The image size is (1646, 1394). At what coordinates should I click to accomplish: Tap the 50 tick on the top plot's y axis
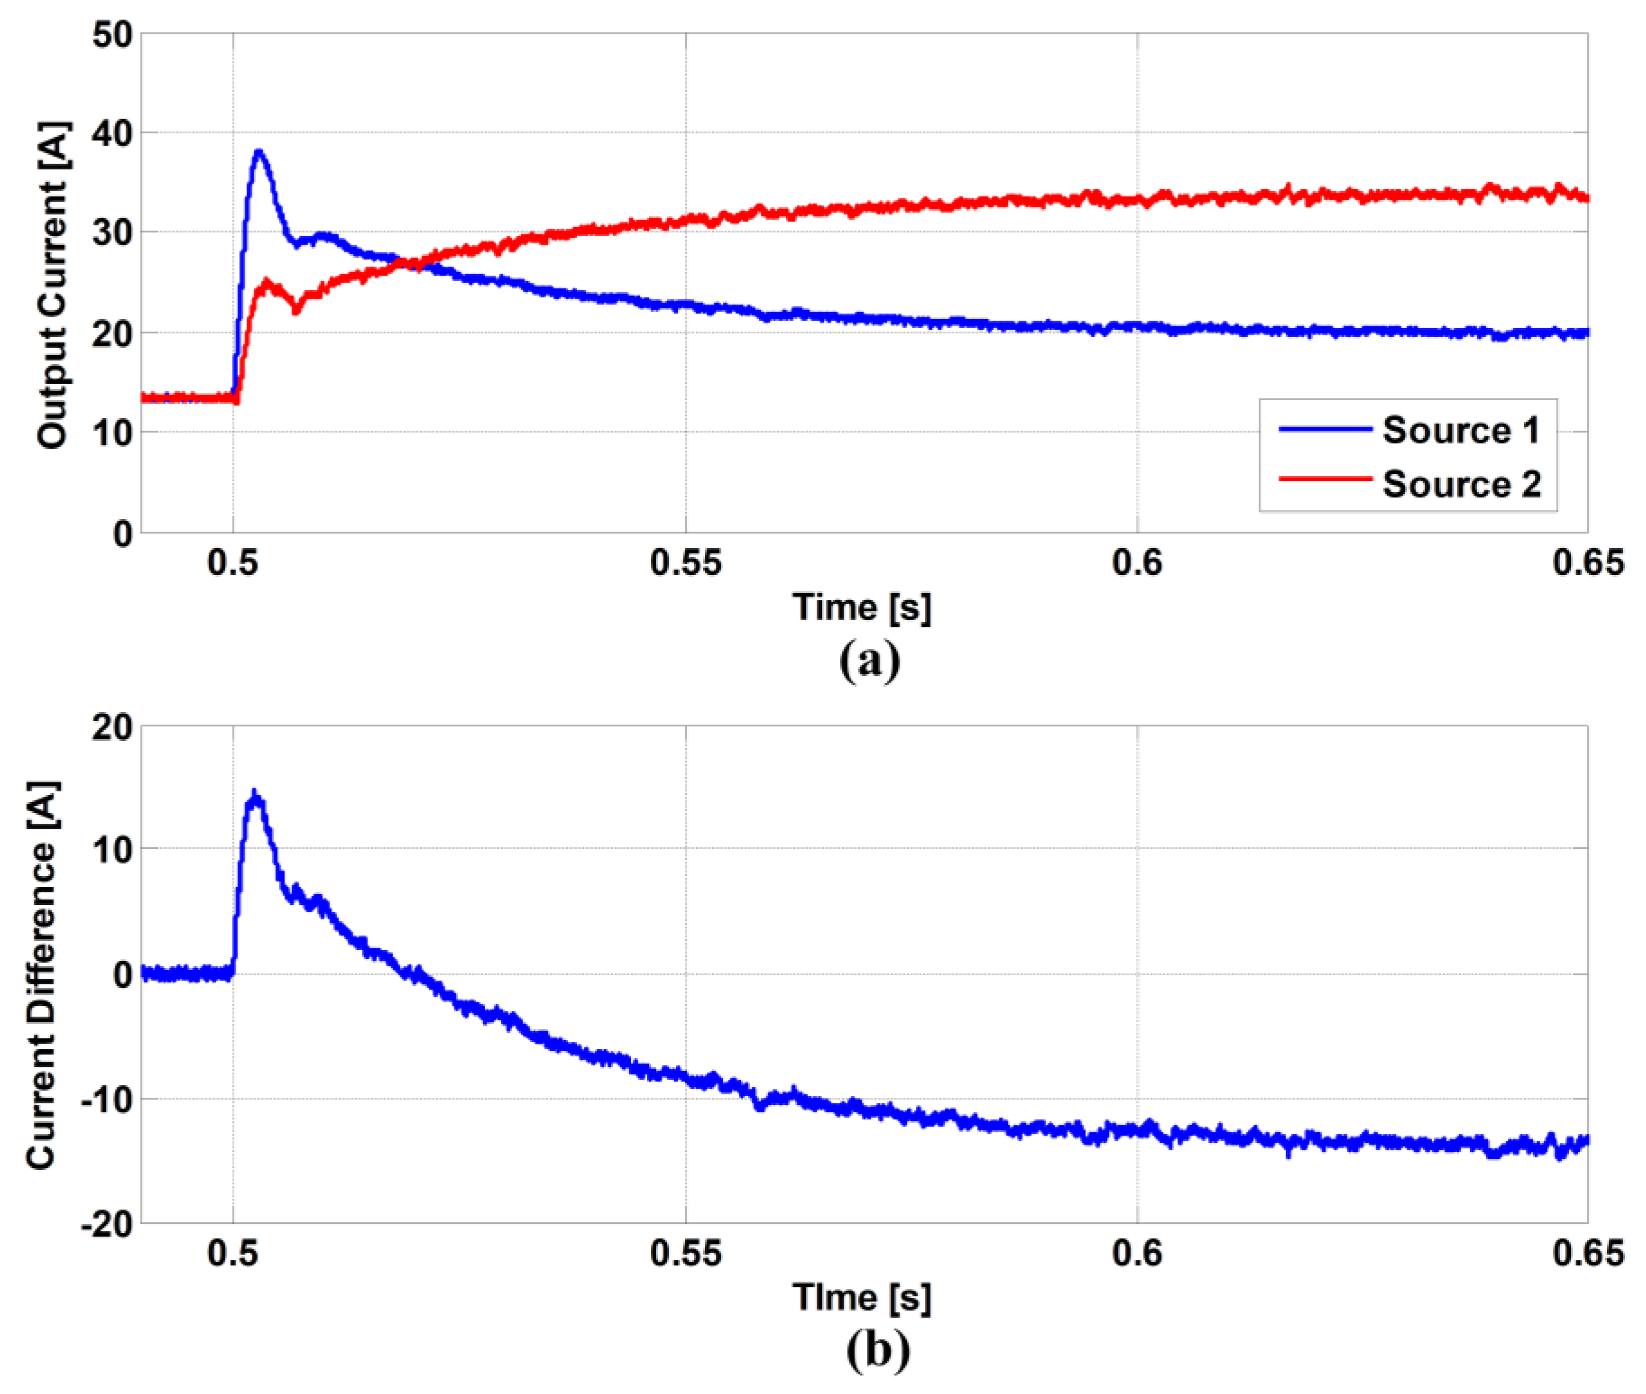click(x=112, y=35)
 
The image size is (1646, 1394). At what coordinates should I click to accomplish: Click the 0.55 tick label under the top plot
click(x=685, y=562)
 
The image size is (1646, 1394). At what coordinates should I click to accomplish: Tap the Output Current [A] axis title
click(x=53, y=284)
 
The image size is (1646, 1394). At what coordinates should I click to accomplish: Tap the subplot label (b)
click(x=877, y=1350)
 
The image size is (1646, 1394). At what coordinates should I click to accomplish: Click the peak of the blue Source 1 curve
click(x=258, y=152)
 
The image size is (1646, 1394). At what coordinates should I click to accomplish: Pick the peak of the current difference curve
click(x=254, y=793)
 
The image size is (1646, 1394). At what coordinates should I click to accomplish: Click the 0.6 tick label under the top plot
click(x=1137, y=562)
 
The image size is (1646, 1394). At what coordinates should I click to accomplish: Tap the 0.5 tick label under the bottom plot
click(x=233, y=1253)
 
